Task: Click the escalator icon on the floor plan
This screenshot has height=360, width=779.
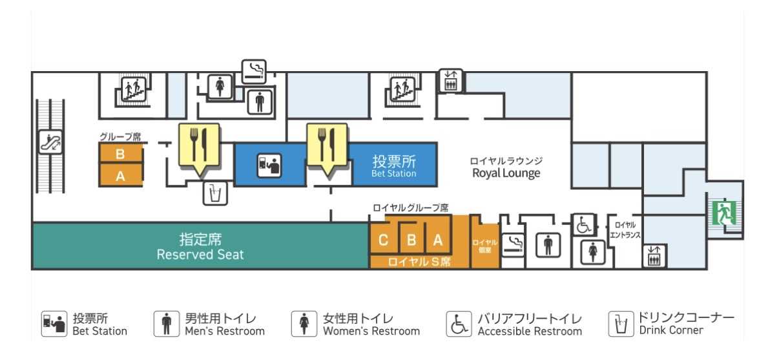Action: (50, 142)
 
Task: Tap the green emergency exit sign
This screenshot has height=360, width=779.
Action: (724, 213)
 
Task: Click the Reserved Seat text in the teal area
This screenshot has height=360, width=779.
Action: (200, 254)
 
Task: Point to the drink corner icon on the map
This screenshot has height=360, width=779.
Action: (215, 193)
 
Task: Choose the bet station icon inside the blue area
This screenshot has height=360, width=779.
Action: (269, 165)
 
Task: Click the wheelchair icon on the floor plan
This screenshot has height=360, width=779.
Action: (583, 225)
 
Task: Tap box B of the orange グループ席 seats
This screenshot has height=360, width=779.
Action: (120, 153)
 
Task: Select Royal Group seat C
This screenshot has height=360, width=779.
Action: (383, 240)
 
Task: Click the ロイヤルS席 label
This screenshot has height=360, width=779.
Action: (419, 262)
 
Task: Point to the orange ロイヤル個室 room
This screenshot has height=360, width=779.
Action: (485, 245)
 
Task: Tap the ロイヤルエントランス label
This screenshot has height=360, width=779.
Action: (625, 230)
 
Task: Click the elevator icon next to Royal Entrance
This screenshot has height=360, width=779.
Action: (654, 257)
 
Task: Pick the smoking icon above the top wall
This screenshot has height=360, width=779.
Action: (254, 72)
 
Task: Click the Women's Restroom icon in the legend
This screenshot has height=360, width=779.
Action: (304, 324)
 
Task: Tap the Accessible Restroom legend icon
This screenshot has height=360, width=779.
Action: (459, 324)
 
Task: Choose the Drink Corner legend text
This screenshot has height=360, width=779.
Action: (671, 330)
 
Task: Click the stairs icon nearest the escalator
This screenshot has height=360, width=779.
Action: (134, 89)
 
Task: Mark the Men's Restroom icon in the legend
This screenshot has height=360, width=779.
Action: (167, 324)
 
